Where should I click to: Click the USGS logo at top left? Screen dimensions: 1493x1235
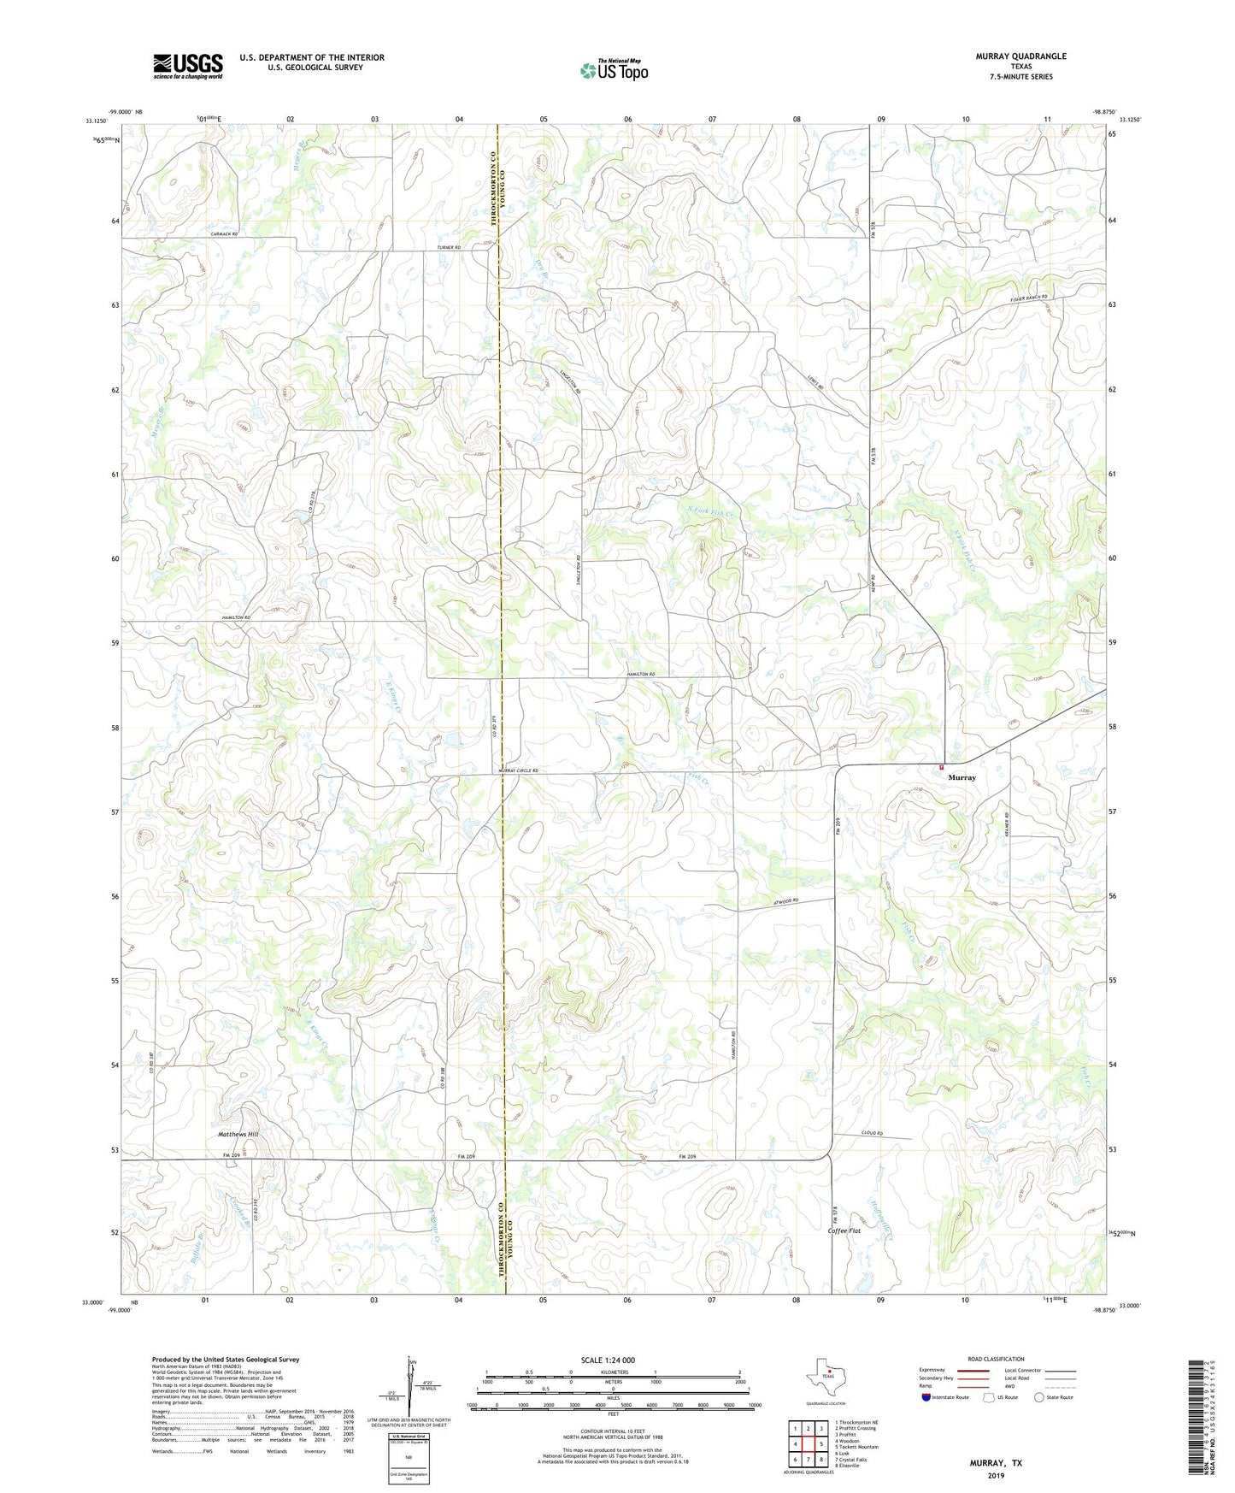[188, 65]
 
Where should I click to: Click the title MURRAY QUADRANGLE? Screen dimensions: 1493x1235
[1020, 56]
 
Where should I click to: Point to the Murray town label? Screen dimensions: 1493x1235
[962, 778]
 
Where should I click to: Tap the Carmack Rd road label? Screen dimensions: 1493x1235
[222, 233]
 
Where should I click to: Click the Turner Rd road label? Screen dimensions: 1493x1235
[448, 247]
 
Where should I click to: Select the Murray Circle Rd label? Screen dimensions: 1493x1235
[519, 771]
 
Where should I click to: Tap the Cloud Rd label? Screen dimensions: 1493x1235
[870, 1134]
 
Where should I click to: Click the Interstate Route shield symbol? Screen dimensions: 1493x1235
[928, 1397]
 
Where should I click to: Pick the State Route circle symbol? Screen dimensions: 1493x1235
[1039, 1397]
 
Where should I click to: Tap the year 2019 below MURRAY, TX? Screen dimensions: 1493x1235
[995, 1476]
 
